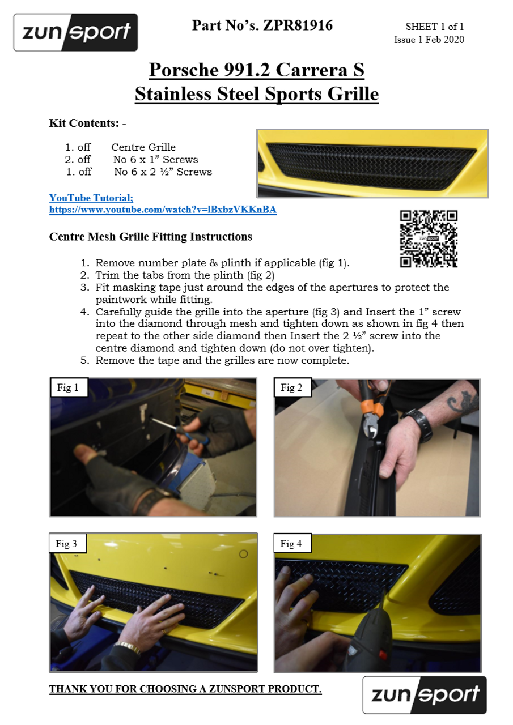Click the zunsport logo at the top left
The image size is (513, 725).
75,32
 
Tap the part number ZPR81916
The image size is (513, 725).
298,25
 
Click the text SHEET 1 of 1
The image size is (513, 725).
435,27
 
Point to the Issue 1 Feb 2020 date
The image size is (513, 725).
429,40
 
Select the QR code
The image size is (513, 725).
429,239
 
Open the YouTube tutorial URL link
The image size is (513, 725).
163,210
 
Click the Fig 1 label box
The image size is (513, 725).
69,387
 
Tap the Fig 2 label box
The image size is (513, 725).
292,387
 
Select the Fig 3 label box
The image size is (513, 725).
67,543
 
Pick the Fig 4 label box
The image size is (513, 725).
292,543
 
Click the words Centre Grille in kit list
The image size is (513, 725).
143,147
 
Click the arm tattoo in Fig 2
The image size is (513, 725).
460,402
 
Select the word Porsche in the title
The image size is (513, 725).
184,70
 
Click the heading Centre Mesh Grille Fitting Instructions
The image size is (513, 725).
151,237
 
